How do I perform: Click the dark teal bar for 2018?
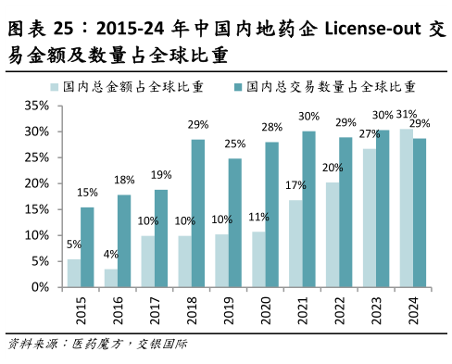tap(198, 213)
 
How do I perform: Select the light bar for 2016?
tap(111, 278)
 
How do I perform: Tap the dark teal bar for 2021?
tap(308, 209)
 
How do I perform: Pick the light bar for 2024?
tap(406, 207)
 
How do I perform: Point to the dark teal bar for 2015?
tap(87, 246)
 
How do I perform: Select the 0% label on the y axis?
tap(39, 287)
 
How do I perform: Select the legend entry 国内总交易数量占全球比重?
tap(324, 87)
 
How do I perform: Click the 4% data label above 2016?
tap(111, 255)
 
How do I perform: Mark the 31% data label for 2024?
tap(406, 115)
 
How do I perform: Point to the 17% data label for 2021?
tap(296, 184)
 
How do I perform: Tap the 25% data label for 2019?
tap(235, 144)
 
